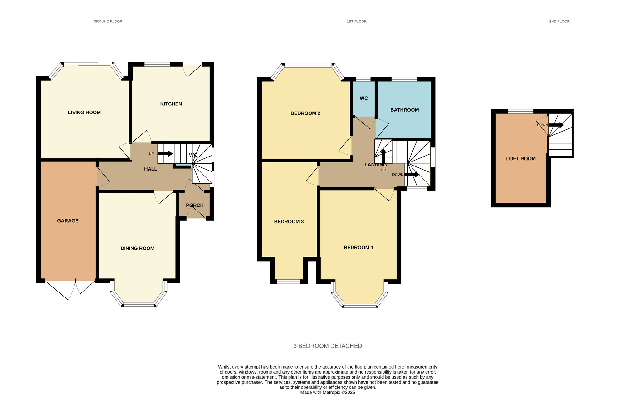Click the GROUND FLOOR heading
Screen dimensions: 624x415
108,22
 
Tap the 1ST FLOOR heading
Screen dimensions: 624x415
357,22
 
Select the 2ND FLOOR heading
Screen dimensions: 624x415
559,22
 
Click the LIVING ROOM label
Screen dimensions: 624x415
84,113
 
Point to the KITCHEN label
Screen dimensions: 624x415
171,104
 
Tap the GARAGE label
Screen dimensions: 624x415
68,221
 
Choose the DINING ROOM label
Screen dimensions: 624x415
138,249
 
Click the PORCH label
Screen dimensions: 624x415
195,205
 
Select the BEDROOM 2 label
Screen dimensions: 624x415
305,113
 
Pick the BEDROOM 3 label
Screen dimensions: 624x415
289,222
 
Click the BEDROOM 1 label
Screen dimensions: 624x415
358,248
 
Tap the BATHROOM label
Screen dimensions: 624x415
405,110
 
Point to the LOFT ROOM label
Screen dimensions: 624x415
521,159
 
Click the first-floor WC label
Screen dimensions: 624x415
364,99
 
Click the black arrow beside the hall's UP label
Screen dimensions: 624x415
165,154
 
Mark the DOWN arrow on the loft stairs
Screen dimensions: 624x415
556,125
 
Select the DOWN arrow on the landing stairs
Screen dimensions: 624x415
412,175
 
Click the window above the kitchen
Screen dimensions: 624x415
157,65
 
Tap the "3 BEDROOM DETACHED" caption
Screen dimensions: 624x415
328,346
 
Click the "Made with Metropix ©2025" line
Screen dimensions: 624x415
328,393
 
